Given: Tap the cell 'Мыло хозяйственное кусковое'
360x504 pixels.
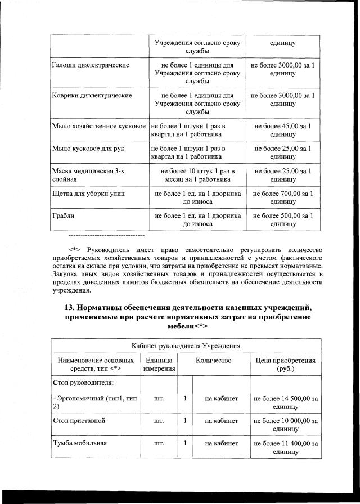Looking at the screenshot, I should (x=99, y=126).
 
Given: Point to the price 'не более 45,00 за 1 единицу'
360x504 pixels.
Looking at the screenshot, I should (x=282, y=130).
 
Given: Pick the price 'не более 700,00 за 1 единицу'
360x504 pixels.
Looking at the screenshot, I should (x=282, y=197).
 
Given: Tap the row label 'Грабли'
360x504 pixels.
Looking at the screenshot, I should (x=62, y=215).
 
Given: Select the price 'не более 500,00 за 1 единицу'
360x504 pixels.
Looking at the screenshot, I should (x=282, y=219).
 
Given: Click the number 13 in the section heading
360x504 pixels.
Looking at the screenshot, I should (x=71, y=308).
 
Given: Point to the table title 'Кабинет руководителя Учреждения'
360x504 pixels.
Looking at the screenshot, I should (x=186, y=345).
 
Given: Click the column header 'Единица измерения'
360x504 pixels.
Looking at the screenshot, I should (x=159, y=364).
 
